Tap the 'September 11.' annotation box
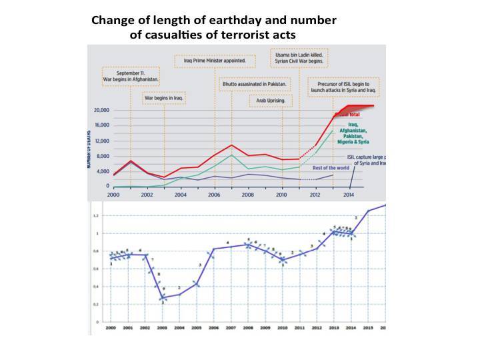pyautogui.click(x=130, y=77)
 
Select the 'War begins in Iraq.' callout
pyautogui.click(x=164, y=98)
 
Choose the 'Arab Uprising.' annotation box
pyautogui.click(x=271, y=101)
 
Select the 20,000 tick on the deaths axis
pyautogui.click(x=101, y=110)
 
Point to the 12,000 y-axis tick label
pyautogui.click(x=101, y=141)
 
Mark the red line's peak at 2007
pyautogui.click(x=231, y=145)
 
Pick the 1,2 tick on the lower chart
pyautogui.click(x=95, y=216)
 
